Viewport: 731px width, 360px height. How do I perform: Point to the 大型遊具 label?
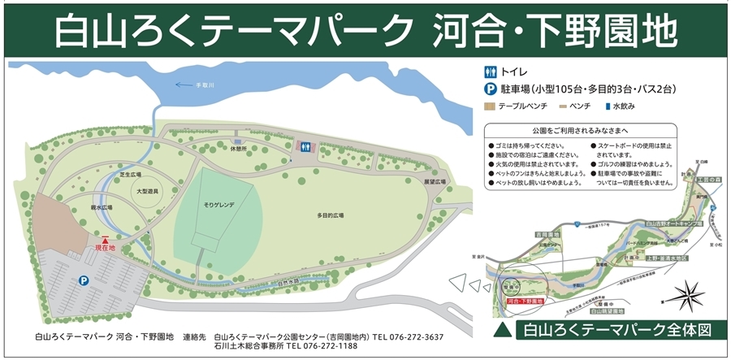coord(146,191)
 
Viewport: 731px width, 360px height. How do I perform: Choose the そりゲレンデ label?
coord(218,206)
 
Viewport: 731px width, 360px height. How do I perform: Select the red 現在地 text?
coord(106,247)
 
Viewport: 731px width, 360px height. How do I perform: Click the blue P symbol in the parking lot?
coord(84,280)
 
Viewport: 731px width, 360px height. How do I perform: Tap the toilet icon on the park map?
coord(305,146)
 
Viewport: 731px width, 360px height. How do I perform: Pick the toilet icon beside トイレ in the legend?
coord(491,72)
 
